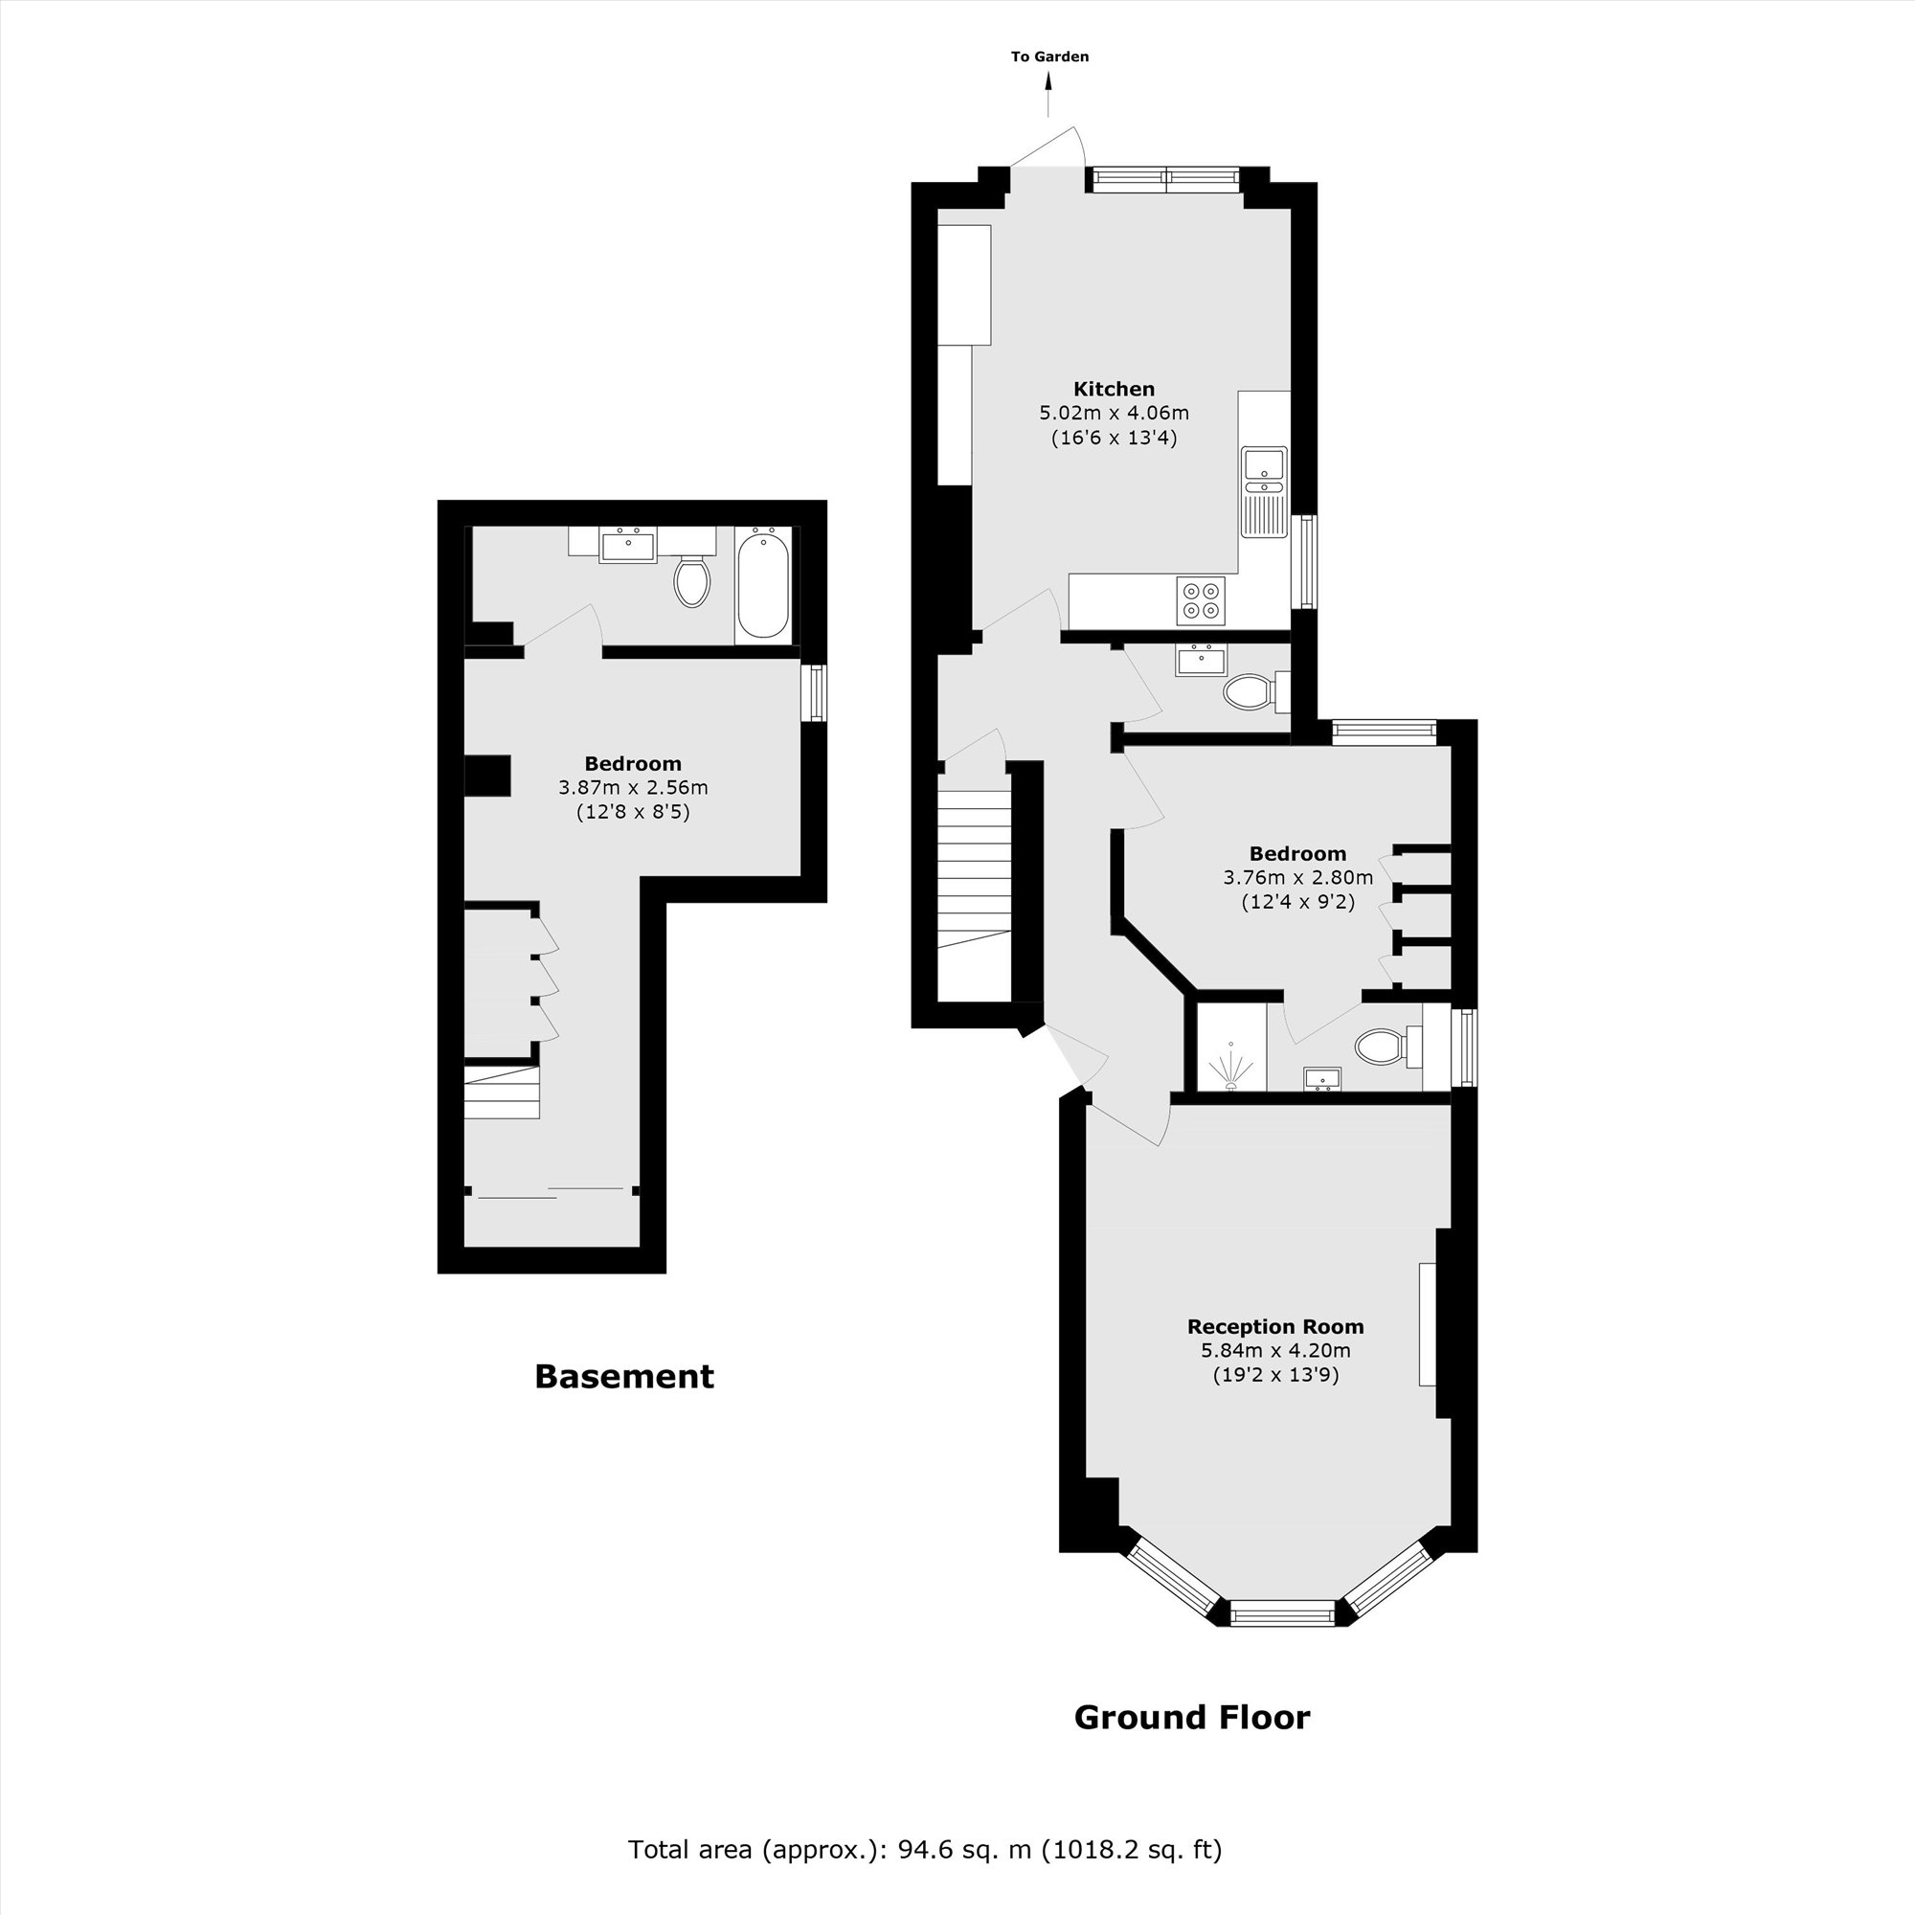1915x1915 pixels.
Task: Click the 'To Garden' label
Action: tap(1049, 56)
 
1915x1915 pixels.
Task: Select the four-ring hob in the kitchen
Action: tap(1201, 600)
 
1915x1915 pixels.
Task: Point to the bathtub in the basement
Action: tap(763, 585)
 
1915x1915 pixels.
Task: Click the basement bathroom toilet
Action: tap(692, 582)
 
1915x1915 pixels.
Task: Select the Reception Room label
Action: tap(1274, 1326)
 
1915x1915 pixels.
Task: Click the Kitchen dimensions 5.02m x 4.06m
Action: tap(1114, 413)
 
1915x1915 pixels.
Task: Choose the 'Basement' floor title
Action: tap(623, 1376)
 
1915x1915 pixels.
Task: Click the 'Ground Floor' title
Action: tap(1191, 1717)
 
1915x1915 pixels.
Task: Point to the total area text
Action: tap(924, 1849)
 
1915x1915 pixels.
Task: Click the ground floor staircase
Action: tap(975, 863)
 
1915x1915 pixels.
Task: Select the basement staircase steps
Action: tap(502, 1093)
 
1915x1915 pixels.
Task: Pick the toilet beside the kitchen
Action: tap(1251, 692)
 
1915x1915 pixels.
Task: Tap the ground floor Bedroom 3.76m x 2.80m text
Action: tap(1297, 877)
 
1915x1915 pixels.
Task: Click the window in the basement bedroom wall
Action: tap(814, 692)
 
